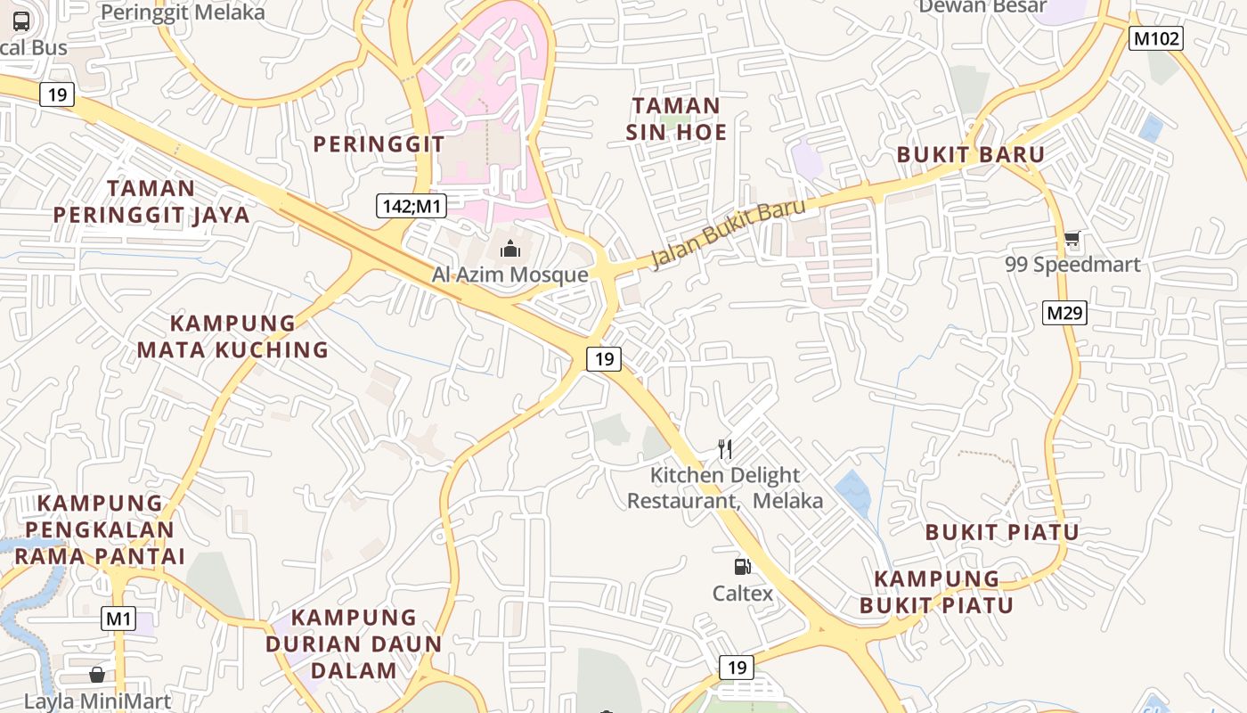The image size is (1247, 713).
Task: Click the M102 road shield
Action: pos(1156,38)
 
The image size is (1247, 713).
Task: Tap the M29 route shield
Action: pos(1065,313)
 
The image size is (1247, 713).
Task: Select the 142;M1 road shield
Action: pos(411,206)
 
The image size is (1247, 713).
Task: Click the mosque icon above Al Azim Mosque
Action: pos(509,249)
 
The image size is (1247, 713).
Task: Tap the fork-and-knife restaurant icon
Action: pos(726,449)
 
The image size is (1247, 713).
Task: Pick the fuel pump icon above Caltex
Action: pos(742,566)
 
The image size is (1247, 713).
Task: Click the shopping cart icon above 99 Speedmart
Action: pos(1072,239)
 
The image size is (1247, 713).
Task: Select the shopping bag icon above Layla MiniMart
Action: pos(96,675)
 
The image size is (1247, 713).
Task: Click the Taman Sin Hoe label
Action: pos(676,119)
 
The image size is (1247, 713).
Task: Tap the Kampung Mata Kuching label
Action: pos(232,336)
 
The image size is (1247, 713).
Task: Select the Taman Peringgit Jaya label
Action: pos(151,201)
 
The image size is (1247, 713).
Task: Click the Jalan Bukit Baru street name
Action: pos(729,234)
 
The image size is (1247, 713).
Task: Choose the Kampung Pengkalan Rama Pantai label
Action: pos(100,529)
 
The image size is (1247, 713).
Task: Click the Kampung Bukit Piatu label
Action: pos(936,592)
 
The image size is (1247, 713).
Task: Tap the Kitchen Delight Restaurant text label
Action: pos(725,488)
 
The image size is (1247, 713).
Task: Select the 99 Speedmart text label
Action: pos(1072,265)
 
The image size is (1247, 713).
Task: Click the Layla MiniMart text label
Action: pos(97,701)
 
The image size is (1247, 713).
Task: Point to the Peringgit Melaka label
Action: pos(183,12)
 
